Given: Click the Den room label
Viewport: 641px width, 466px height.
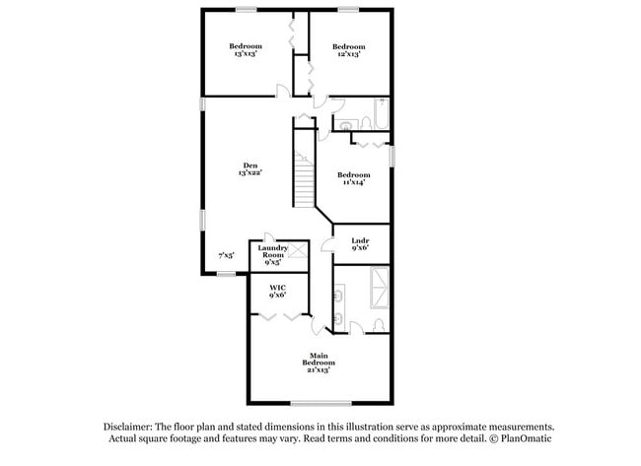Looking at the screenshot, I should tap(249, 168).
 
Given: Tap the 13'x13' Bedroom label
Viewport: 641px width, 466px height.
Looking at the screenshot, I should tap(246, 50).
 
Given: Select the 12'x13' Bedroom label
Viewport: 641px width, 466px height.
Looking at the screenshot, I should tap(348, 50).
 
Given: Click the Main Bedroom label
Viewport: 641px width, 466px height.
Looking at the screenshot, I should tap(318, 362).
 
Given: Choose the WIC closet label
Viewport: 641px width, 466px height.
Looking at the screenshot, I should tap(277, 291).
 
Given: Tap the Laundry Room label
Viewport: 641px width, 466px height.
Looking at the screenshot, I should tap(272, 255).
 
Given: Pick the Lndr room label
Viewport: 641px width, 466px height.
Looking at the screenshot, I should tap(360, 244).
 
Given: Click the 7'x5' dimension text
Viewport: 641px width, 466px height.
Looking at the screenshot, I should tap(226, 255).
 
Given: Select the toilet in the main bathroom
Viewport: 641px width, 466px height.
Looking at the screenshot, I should tap(380, 324).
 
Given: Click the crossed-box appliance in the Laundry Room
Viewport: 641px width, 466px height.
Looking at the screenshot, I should tap(299, 251).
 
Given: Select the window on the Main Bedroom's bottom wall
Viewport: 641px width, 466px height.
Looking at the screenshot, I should tap(320, 402).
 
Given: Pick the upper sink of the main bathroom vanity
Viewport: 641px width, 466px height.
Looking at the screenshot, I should tap(340, 293).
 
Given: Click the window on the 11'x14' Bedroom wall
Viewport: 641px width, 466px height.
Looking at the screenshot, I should tap(392, 155).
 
